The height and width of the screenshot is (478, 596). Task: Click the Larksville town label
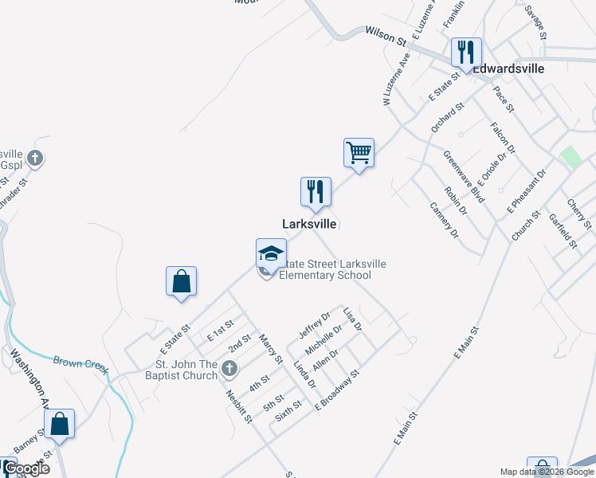pos(309,225)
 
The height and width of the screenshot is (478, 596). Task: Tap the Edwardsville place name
pos(509,69)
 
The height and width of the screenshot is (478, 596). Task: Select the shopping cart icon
pos(359,151)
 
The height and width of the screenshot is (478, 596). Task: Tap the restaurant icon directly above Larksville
pos(316,191)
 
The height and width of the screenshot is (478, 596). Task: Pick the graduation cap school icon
pos(271,254)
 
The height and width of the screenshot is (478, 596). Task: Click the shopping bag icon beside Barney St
pos(60,423)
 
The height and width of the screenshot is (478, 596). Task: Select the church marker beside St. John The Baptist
pos(230,368)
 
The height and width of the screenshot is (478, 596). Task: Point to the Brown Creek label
pos(80,362)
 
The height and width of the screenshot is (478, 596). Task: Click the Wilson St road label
pos(386,34)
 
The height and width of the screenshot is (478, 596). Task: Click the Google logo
pos(26,468)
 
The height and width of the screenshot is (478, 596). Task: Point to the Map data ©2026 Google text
pos(547,472)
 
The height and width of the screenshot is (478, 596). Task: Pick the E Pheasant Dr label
pos(527,192)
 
